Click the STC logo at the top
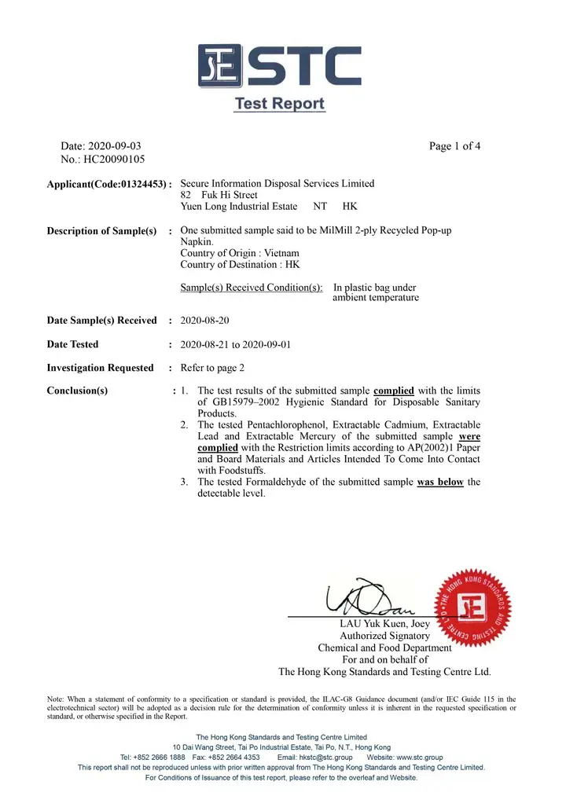pyautogui.click(x=279, y=68)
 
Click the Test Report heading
pyautogui.click(x=279, y=104)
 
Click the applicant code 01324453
pyautogui.click(x=139, y=184)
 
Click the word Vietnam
pyautogui.click(x=282, y=253)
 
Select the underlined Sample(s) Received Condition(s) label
pyautogui.click(x=252, y=288)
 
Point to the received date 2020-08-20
pyautogui.click(x=205, y=321)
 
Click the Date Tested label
pyautogui.click(x=73, y=344)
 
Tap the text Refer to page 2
pyautogui.click(x=212, y=368)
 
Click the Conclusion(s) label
pyautogui.click(x=77, y=391)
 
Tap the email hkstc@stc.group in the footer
pyautogui.click(x=321, y=757)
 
